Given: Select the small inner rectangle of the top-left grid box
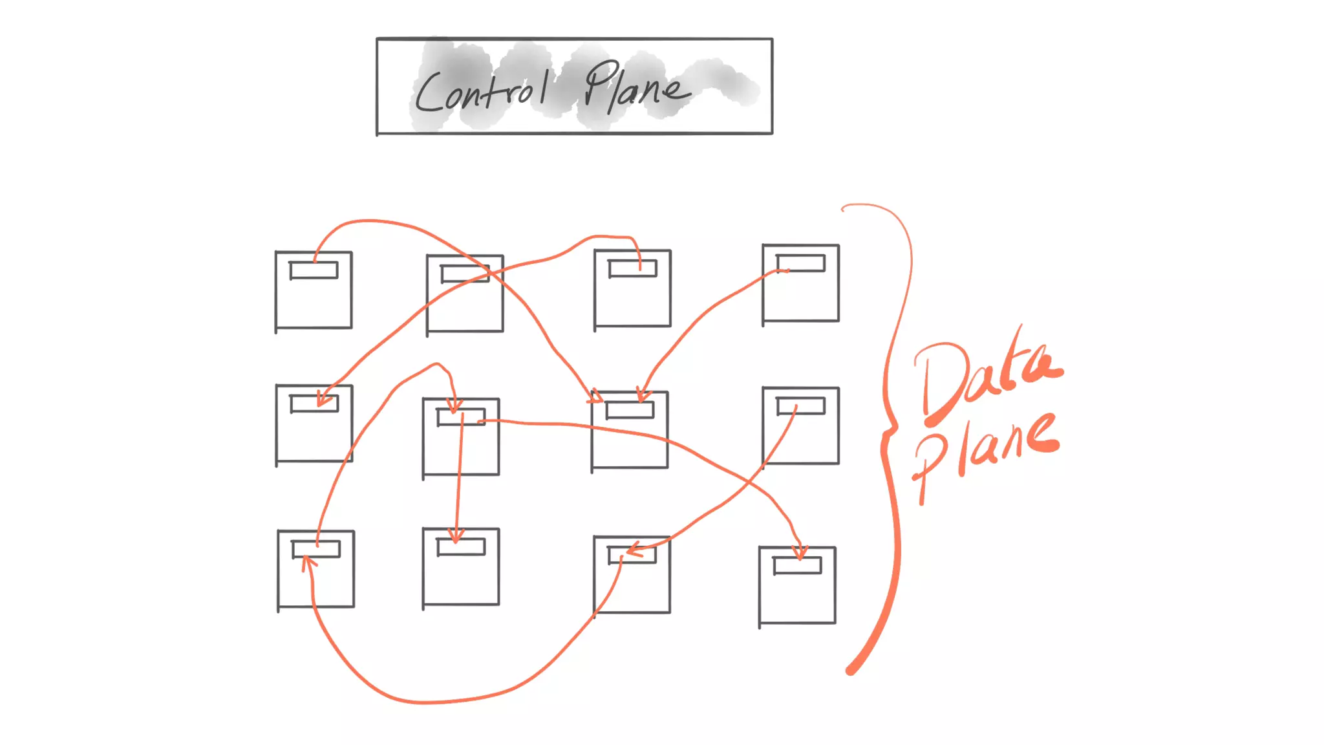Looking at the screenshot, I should (314, 270).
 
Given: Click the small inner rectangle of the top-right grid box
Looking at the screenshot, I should (800, 263).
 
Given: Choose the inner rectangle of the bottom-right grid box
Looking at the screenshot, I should (797, 565).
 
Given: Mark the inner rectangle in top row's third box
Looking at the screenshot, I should (633, 268).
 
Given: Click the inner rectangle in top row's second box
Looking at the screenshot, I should (465, 274).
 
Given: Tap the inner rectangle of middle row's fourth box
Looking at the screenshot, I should (800, 405).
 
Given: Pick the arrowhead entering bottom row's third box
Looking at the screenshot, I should (634, 550).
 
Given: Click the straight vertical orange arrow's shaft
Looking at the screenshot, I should (460, 479).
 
